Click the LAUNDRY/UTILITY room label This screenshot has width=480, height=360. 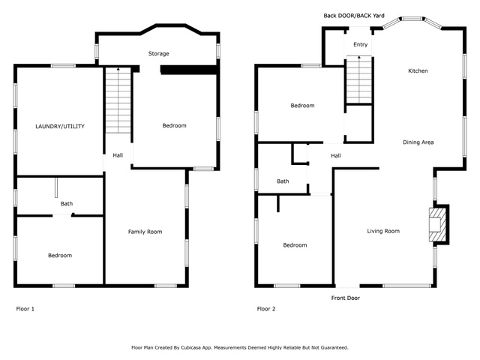point(60,127)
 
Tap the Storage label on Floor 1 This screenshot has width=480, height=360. point(158,54)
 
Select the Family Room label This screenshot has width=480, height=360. point(145,232)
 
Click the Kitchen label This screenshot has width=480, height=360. point(418,71)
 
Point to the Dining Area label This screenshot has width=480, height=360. point(418,142)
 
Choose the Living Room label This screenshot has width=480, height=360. point(382,231)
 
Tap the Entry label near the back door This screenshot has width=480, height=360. point(361,45)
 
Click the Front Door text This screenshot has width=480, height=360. point(346,298)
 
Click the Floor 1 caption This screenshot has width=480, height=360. point(25,308)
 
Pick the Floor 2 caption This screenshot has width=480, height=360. point(266,308)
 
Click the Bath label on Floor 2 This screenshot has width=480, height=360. point(283,181)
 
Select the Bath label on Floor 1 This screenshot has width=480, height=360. point(67,203)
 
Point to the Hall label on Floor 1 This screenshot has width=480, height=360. point(118,155)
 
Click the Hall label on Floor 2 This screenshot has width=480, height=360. point(336,155)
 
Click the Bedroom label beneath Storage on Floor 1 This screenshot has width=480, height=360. point(174,125)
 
